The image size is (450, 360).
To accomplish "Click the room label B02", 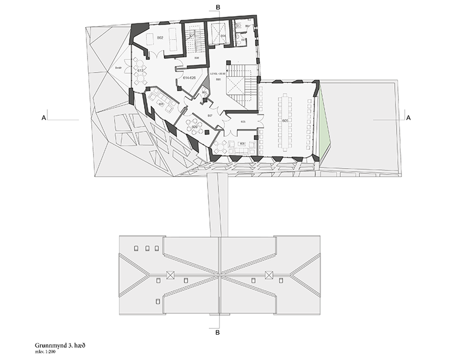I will coord(161,38).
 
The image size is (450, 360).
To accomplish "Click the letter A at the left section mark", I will coord(44,119).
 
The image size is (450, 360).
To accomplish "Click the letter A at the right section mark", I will coord(408,119).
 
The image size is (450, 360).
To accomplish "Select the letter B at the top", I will coord(218,7).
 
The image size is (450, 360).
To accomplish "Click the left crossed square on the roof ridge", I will coord(170,275).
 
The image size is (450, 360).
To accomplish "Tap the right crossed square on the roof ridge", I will coord(269,275).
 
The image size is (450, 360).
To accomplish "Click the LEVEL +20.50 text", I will coord(217,75).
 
